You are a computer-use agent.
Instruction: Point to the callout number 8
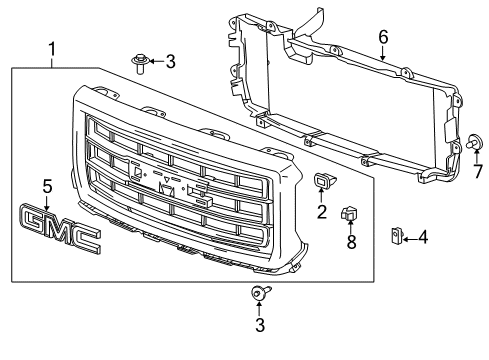tap(349, 242)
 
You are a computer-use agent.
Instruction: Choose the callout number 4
tap(423, 237)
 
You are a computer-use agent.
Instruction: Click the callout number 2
tap(322, 211)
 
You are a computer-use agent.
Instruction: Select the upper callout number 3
tap(171, 62)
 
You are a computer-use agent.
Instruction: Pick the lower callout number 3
tap(260, 325)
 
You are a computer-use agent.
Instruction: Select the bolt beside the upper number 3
tap(141, 64)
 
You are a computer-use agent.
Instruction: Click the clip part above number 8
tap(349, 214)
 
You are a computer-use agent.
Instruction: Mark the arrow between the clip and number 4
tap(409, 237)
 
